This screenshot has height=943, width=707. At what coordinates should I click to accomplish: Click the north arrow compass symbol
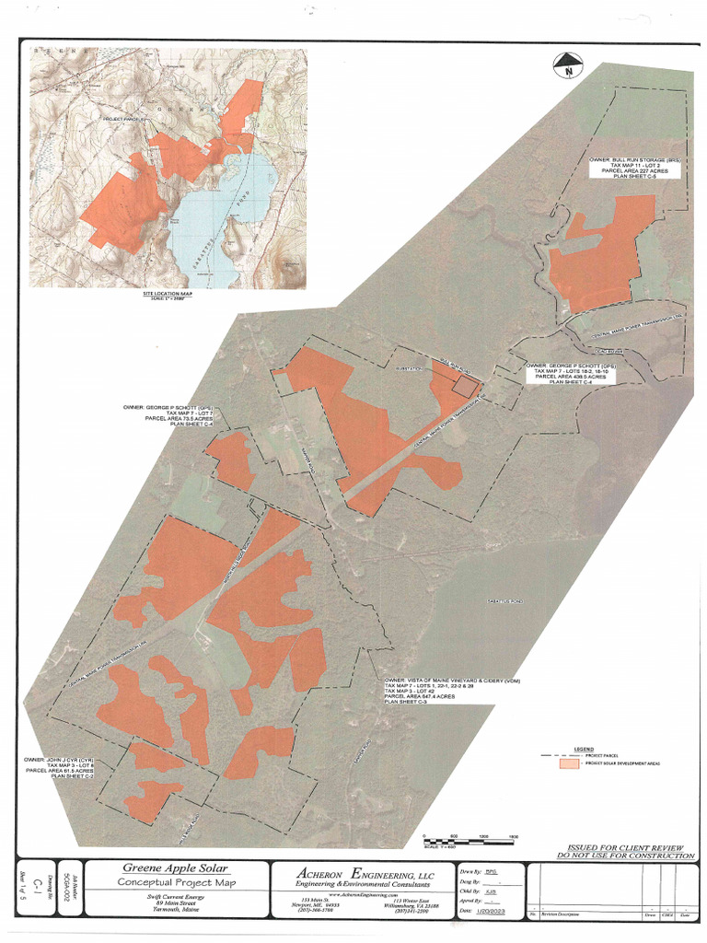click(x=569, y=64)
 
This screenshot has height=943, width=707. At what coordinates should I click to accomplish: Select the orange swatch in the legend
click(x=570, y=763)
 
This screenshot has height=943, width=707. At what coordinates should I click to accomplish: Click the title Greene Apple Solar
click(x=176, y=867)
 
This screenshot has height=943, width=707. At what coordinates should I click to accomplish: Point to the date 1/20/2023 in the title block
click(x=490, y=910)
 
